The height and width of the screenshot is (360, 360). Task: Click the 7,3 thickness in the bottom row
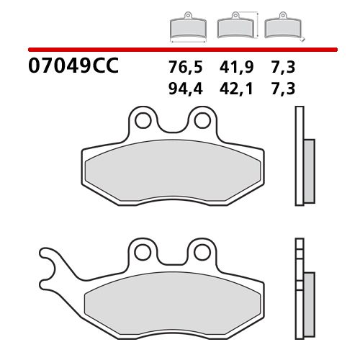click(284, 89)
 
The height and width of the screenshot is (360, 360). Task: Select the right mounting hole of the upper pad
click(202, 119)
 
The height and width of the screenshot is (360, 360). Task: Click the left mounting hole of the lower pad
click(145, 251)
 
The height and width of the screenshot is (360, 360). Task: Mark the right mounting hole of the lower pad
click(202, 251)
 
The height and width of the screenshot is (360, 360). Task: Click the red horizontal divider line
click(180, 50)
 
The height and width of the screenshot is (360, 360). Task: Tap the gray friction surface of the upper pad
click(173, 173)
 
